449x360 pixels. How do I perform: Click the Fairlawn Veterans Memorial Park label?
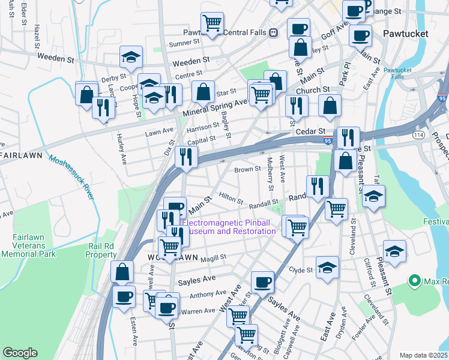[28, 245]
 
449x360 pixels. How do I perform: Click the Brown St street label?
[247, 170]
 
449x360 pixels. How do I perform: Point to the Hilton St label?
[231, 198]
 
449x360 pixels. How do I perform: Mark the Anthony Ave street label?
[203, 295]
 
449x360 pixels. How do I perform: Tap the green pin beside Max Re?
[414, 280]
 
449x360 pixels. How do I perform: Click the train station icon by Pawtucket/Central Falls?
[273, 32]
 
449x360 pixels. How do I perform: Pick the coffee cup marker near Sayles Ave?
[262, 281]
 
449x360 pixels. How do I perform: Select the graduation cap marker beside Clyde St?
[327, 267]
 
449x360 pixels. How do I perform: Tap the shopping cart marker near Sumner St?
[212, 23]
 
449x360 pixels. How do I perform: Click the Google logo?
[20, 353]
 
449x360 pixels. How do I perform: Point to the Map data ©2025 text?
[423, 355]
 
